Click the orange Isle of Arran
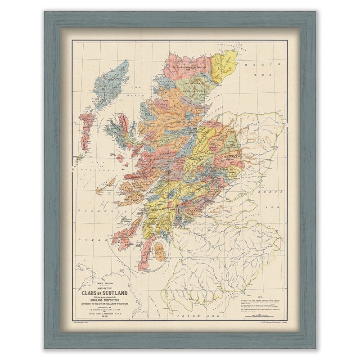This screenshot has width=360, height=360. point(160,251)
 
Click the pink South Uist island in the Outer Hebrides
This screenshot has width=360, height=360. point(86,130)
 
